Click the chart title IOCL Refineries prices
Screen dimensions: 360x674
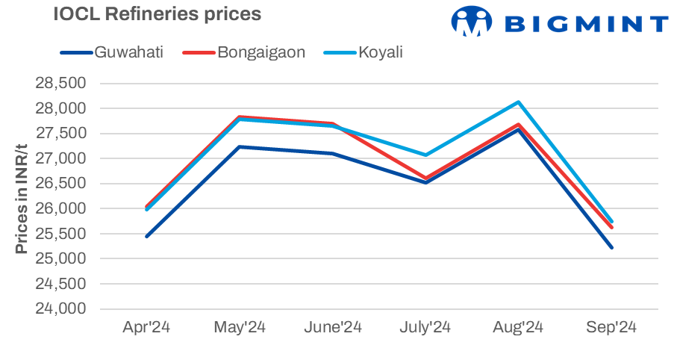[157, 14]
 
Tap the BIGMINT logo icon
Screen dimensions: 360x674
[472, 22]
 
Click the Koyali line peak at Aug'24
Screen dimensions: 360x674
[519, 102]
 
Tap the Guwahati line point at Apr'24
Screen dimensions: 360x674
[147, 236]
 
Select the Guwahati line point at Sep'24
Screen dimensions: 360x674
[612, 247]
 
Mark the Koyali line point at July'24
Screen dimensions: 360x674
[425, 155]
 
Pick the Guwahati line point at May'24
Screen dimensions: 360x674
[240, 146]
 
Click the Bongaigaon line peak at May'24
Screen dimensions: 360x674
[240, 117]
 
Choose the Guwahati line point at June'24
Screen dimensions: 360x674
[333, 154]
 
